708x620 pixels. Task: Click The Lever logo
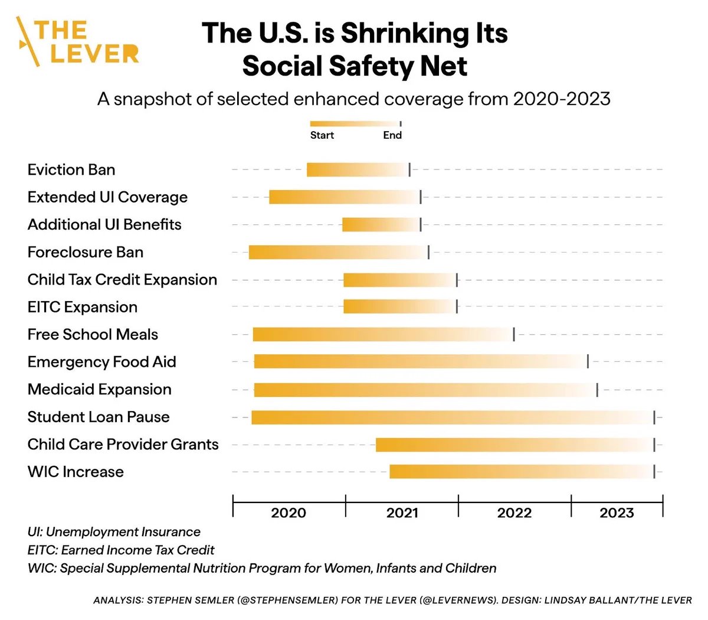77,41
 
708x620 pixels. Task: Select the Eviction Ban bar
358,169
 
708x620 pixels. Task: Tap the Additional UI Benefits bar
381,224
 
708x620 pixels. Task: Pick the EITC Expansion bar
399,306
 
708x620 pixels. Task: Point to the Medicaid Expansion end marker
597,390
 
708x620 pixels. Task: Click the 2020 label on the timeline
289,513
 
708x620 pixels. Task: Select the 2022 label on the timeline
514,513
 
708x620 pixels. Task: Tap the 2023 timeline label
617,513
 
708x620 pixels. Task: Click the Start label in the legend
322,135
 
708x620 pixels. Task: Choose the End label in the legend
392,135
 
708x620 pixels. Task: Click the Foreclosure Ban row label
86,252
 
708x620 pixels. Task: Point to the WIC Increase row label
76,472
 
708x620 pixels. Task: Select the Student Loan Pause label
99,417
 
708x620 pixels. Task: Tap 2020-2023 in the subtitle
562,99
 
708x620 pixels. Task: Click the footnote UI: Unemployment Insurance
114,532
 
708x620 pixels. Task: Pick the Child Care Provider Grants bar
514,445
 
